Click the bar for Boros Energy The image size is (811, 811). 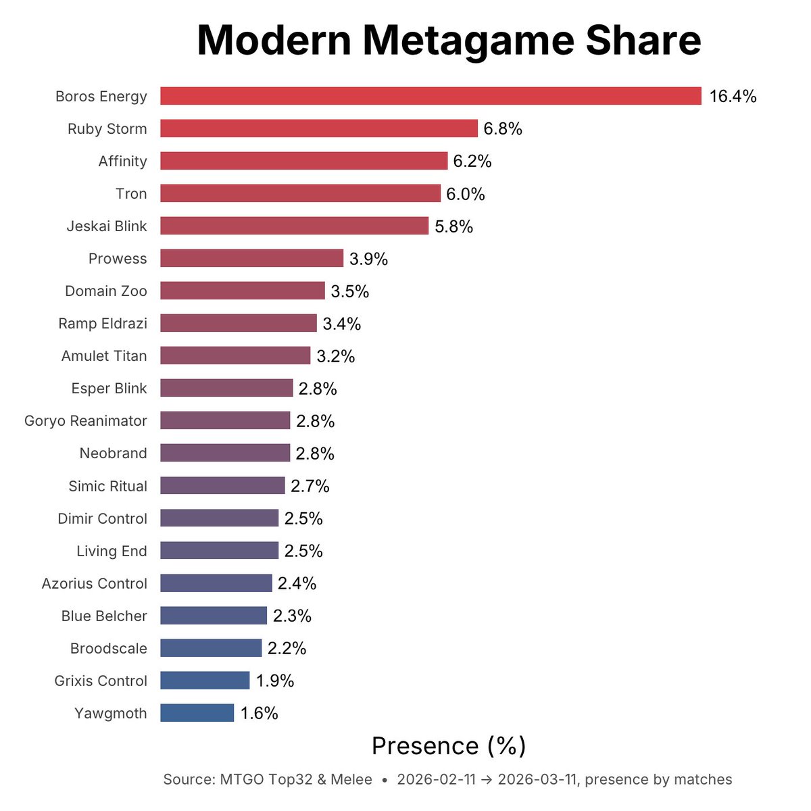point(431,96)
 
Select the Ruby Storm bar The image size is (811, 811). point(319,128)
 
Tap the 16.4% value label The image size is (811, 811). point(733,97)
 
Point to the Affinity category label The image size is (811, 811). point(122,162)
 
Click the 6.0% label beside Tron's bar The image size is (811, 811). point(466,195)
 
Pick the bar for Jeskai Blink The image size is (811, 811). point(294,226)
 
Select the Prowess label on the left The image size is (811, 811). point(118,259)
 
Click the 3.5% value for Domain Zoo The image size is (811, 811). point(349,292)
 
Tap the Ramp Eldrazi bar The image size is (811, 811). point(239,323)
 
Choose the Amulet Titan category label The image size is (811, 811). point(104,356)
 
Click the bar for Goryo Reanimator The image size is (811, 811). point(225,420)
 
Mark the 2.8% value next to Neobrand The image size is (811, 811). point(315,454)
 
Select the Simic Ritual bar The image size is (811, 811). point(222,485)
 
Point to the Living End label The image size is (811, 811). point(112,551)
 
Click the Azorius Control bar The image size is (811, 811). point(216,583)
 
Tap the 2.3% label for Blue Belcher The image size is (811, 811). point(292,616)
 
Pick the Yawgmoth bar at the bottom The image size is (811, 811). point(197,713)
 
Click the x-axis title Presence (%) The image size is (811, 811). point(449,746)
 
